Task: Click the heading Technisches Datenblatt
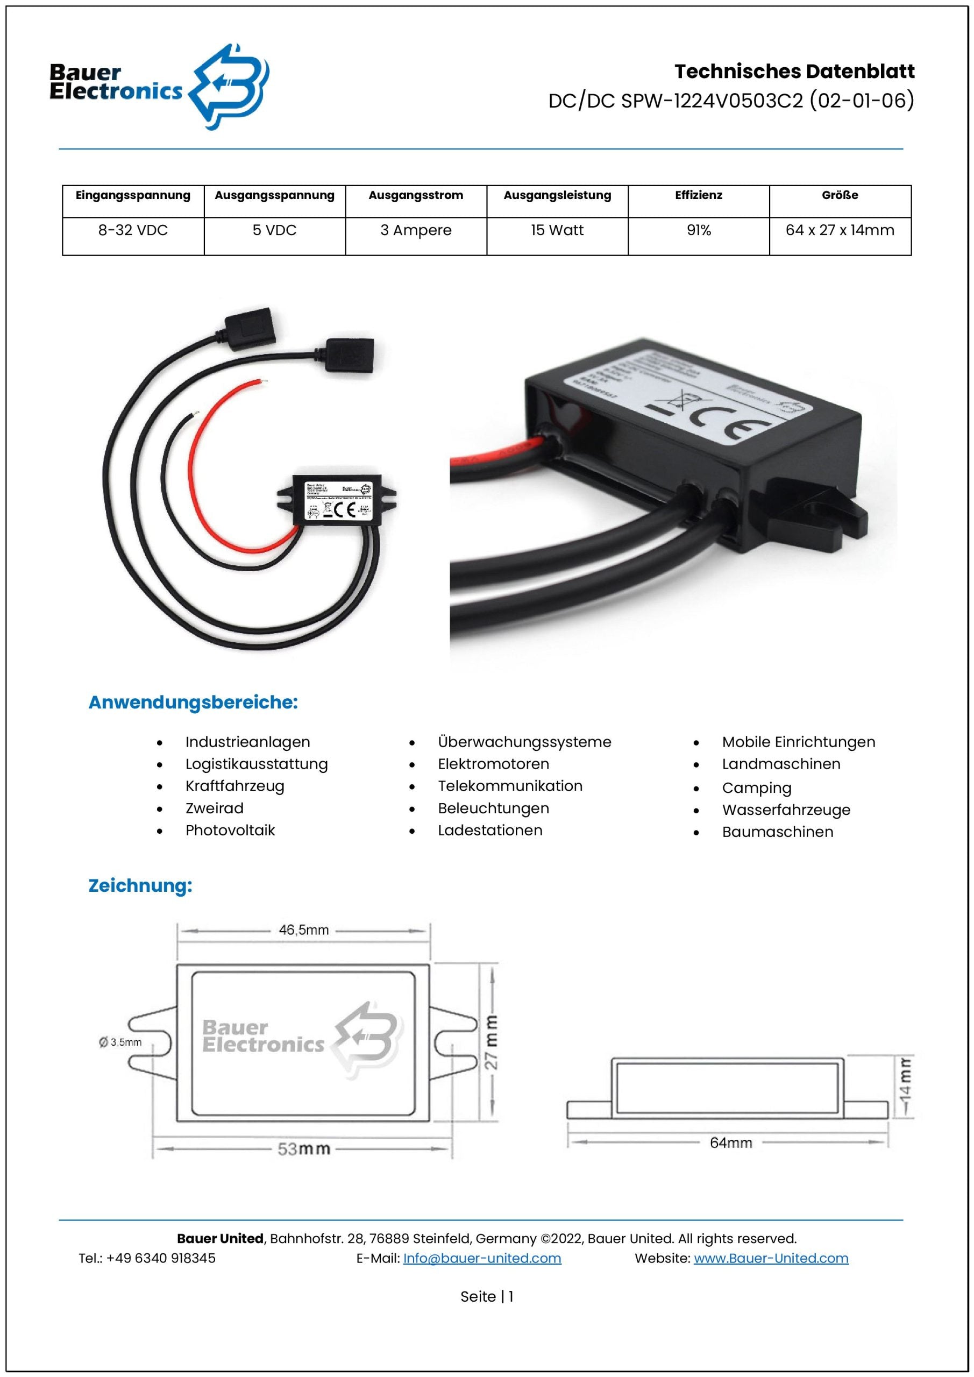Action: click(x=794, y=72)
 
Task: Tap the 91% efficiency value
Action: click(x=699, y=230)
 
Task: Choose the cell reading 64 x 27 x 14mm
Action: click(x=840, y=230)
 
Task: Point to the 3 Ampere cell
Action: click(x=416, y=230)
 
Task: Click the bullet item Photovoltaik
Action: click(x=230, y=831)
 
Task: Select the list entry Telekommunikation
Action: click(x=510, y=786)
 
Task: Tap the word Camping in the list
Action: click(x=756, y=788)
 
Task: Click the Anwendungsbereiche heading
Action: click(x=193, y=702)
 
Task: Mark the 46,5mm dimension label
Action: click(x=303, y=930)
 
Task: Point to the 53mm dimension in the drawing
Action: click(x=303, y=1148)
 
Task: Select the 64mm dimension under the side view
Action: click(x=730, y=1142)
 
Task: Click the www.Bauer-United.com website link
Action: click(x=771, y=1258)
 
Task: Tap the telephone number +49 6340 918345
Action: click(x=161, y=1258)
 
